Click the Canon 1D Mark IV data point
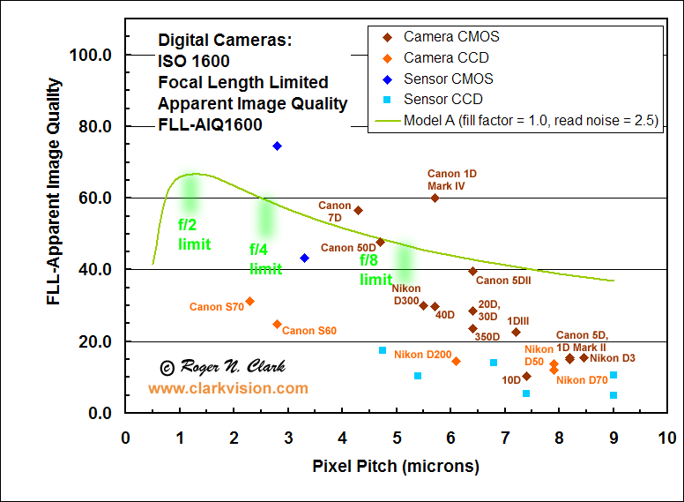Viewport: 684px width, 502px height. coord(435,198)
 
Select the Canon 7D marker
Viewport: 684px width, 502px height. coord(358,210)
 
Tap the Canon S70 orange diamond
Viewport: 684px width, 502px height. coord(249,301)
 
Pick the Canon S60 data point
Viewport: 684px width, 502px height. coord(277,324)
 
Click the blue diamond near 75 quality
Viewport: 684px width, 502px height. coord(277,146)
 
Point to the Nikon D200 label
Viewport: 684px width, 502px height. coord(422,355)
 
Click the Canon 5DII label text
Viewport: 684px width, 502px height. coord(503,281)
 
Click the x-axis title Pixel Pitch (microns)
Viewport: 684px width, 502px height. coord(396,466)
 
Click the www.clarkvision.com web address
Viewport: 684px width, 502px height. coord(228,388)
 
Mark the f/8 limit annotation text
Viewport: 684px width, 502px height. coord(376,269)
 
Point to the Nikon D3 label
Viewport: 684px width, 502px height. coord(613,358)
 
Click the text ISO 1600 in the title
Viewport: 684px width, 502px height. coord(194,62)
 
